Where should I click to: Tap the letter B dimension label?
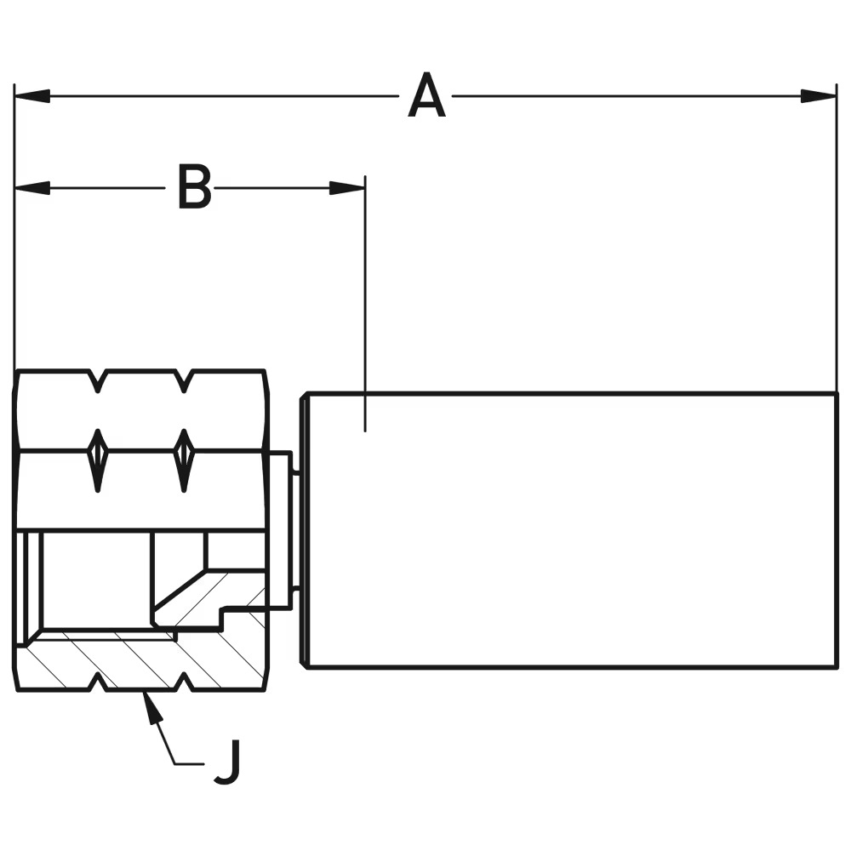click(194, 187)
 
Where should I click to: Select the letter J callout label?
click(227, 761)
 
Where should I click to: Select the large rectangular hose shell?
click(570, 529)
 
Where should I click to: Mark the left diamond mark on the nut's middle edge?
click(98, 460)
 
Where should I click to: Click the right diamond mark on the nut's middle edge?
click(183, 460)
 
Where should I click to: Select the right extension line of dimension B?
click(365, 298)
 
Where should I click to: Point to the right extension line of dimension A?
click(837, 238)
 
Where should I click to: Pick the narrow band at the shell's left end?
click(303, 529)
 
